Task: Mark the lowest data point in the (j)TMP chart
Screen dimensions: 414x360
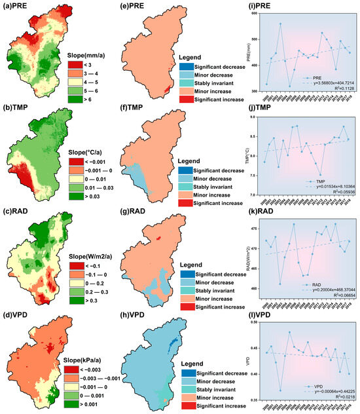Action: click(x=320, y=175)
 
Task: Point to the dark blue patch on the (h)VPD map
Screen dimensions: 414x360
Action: click(x=171, y=341)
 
